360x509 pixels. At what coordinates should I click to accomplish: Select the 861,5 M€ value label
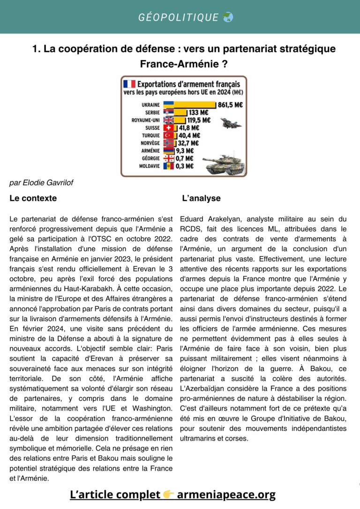click(x=230, y=105)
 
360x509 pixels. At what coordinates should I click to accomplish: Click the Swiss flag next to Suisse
click(x=169, y=127)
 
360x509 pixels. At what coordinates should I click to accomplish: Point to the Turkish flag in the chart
click(x=169, y=135)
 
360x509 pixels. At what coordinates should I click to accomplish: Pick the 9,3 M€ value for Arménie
click(x=185, y=151)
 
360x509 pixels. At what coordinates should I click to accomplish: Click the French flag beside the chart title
click(x=129, y=84)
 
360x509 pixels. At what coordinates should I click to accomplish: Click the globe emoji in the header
click(x=228, y=17)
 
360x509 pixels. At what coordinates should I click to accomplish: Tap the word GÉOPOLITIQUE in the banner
click(x=179, y=17)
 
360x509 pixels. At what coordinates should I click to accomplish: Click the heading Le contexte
click(x=33, y=198)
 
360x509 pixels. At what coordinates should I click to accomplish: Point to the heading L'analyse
click(x=201, y=198)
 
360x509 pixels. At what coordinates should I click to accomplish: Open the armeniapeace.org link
click(x=226, y=494)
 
